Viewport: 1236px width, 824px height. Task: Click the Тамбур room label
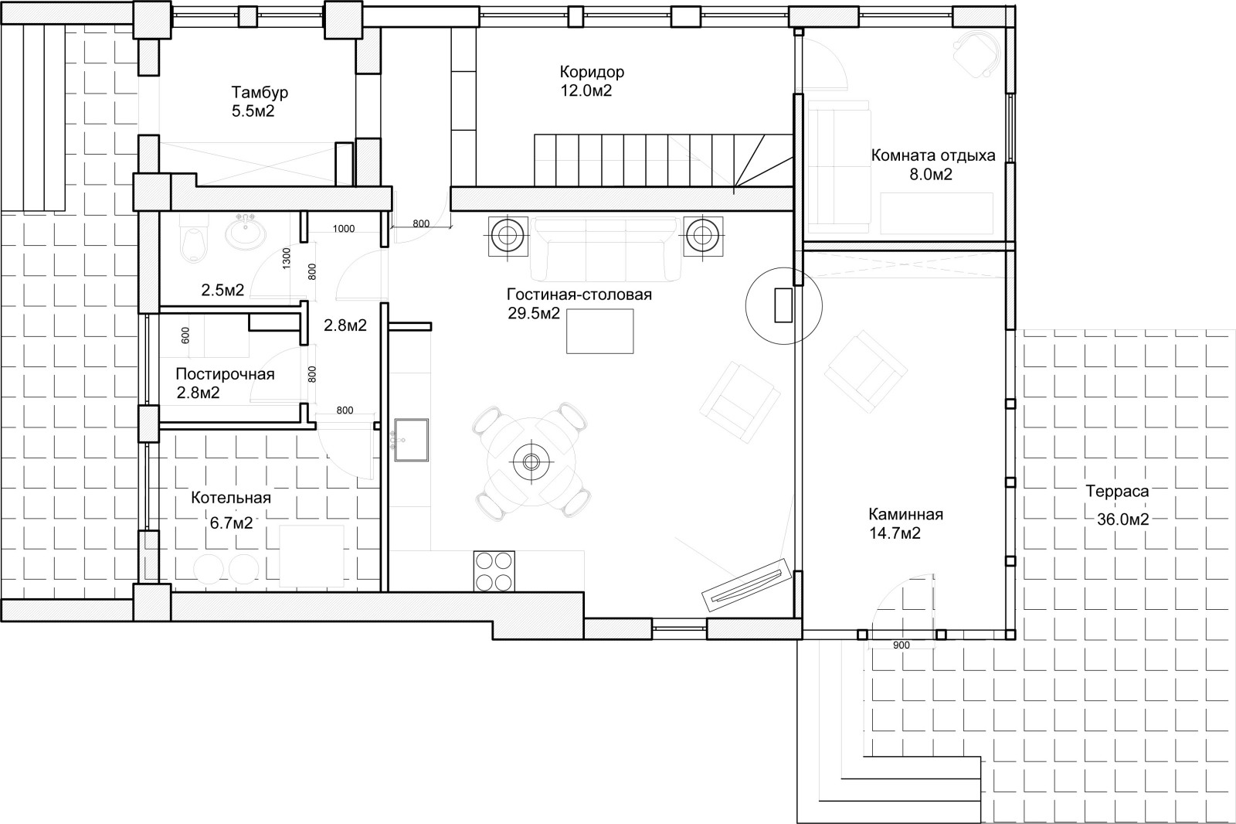pos(260,92)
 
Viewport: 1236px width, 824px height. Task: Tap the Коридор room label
pos(592,72)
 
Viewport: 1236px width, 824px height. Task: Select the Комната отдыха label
pos(933,155)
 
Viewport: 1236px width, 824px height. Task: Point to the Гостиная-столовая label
pos(579,295)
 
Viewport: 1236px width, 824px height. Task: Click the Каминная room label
pos(905,514)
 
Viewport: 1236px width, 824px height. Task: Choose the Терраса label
pos(1117,491)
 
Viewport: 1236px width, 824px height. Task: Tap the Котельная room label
pos(231,498)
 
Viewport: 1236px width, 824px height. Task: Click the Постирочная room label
pos(225,374)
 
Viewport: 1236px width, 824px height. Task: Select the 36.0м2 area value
pos(1123,519)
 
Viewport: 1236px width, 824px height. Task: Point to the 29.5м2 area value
pos(534,314)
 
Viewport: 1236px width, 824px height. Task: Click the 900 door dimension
pos(901,645)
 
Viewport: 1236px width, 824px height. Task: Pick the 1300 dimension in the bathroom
pos(287,258)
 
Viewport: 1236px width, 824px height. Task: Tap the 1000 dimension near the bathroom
pos(344,229)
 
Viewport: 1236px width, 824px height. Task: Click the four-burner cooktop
pos(494,571)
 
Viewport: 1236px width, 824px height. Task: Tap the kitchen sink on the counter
pos(411,440)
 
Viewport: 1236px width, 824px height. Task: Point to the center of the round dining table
pos(531,461)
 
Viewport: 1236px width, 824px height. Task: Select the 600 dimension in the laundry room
pos(185,335)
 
